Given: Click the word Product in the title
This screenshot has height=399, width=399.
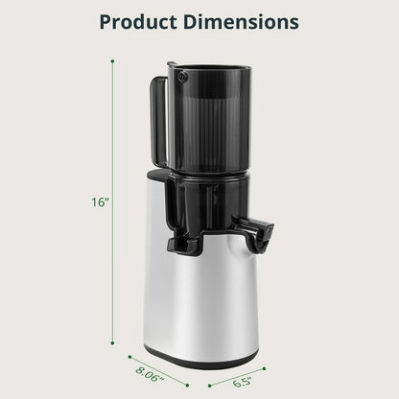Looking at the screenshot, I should (x=143, y=20).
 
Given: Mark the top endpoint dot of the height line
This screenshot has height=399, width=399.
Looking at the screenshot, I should (x=113, y=62).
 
